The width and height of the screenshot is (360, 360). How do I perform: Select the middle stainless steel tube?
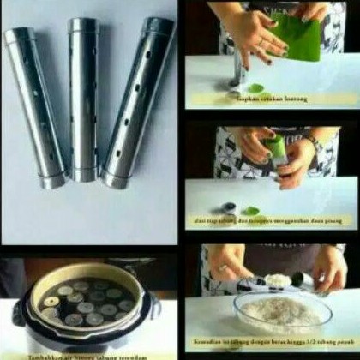pos(85,99)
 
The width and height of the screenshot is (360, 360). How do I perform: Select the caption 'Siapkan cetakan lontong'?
pos(269,99)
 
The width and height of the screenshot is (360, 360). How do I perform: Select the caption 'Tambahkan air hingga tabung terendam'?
pos(86,355)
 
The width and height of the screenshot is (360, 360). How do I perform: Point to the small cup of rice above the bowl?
pos(278,280)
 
